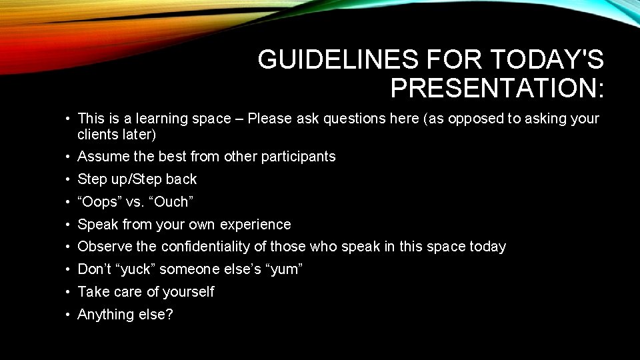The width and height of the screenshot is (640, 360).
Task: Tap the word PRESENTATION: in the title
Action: coord(497,88)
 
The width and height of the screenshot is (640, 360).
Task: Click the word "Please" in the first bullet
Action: coord(269,119)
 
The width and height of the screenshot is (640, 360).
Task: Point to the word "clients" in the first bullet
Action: coord(99,134)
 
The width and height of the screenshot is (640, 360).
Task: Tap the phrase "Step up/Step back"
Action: coord(137,179)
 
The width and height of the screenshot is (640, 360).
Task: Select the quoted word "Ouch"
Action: coord(170,202)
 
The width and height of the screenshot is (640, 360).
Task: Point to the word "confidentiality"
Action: coord(214,247)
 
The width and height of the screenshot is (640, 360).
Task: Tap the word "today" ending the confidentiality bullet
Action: coord(487,247)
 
